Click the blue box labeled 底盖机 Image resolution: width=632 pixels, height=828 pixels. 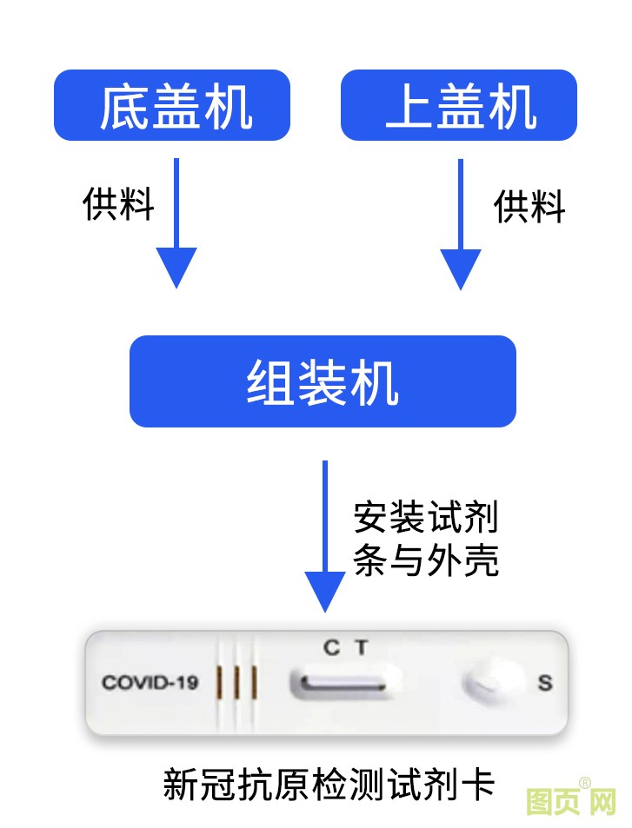tap(172, 105)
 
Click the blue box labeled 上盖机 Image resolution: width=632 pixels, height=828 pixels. tap(458, 105)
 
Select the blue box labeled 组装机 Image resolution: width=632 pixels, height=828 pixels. tap(323, 381)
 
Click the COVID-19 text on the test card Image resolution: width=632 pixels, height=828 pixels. tap(150, 682)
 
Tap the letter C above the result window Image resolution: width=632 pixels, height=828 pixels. tap(331, 647)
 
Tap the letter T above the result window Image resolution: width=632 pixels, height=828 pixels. tap(361, 647)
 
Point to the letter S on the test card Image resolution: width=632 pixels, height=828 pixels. tap(545, 683)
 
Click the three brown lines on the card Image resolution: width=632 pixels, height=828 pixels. tap(236, 682)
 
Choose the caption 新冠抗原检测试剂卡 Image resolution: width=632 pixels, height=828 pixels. tap(329, 785)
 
